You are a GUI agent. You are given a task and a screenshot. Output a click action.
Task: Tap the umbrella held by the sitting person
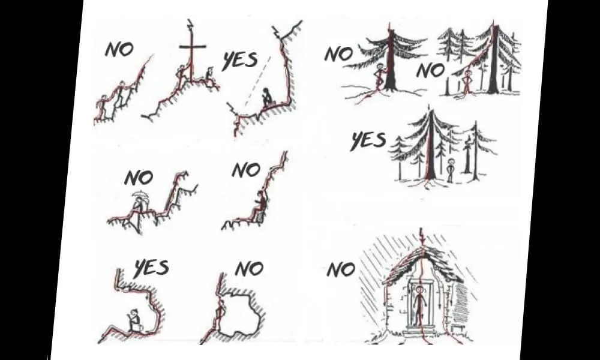(140, 195)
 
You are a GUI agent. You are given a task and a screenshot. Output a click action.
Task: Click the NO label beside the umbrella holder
(139, 178)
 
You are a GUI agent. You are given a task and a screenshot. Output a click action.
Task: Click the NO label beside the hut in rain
(341, 271)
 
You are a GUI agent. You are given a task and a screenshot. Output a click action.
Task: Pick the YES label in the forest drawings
(368, 140)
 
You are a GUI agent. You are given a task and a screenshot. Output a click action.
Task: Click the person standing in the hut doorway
(419, 305)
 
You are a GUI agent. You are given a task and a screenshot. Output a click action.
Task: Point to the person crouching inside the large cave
(134, 320)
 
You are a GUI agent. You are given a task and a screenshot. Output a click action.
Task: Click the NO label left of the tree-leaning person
(338, 54)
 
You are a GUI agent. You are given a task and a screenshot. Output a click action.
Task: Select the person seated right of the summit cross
(209, 76)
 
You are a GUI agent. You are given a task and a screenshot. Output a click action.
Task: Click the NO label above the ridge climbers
(119, 49)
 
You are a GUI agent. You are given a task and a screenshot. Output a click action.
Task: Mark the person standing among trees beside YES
(451, 170)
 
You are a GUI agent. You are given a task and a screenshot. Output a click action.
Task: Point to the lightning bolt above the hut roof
(422, 236)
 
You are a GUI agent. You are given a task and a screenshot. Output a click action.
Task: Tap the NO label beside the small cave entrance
(249, 269)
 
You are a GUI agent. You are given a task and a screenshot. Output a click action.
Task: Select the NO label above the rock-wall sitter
(247, 170)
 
